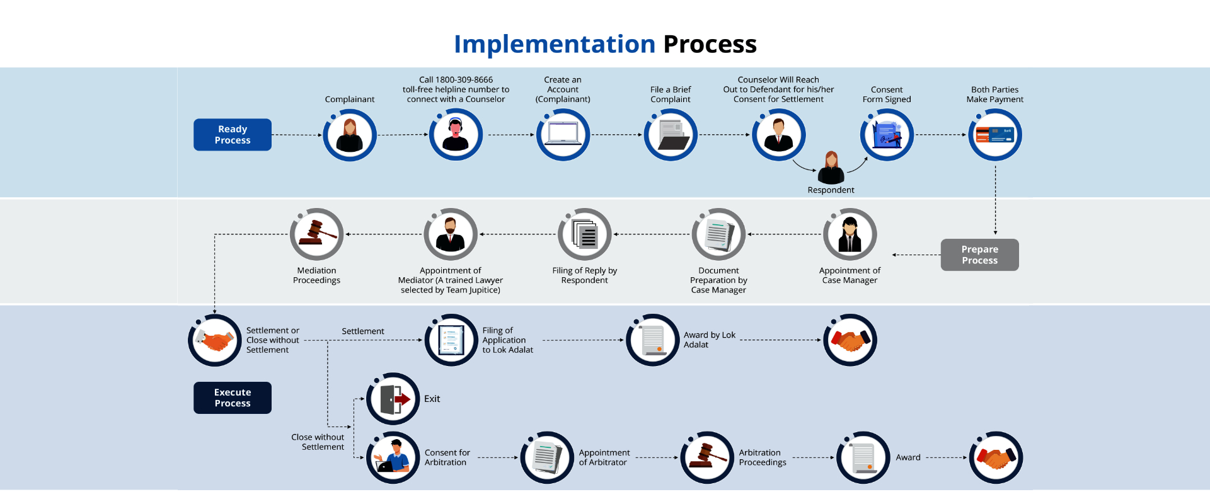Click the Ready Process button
[233, 135]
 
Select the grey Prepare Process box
[979, 255]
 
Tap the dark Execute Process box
[233, 398]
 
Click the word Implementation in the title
[555, 44]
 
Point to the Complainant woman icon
[350, 135]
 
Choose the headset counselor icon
[456, 135]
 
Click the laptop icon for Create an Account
[563, 135]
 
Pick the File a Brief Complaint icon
[671, 135]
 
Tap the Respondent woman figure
[831, 168]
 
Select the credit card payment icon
[995, 135]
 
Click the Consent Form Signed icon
[887, 135]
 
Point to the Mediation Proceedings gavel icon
[316, 234]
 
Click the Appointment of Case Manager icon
[850, 234]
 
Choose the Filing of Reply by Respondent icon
[585, 234]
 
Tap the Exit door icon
[393, 399]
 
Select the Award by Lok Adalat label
[710, 340]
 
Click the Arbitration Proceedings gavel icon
[707, 457]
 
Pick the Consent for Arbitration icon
[393, 457]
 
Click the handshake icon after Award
[996, 457]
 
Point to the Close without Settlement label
[318, 442]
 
